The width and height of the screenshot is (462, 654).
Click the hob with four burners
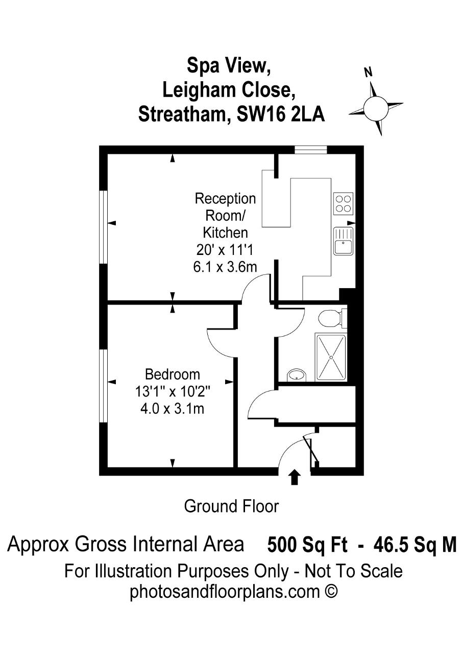[343, 203]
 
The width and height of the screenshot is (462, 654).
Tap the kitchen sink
[343, 241]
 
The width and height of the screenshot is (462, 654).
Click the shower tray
[331, 358]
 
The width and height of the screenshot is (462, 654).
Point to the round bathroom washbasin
[297, 375]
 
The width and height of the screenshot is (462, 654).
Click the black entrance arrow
[294, 477]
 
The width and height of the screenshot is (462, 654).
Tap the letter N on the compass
[369, 72]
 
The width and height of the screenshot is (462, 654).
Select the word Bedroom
[173, 375]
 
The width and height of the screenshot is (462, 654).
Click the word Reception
[225, 199]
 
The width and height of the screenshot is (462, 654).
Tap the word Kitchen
[225, 233]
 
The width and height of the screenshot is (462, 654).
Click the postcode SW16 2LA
[281, 114]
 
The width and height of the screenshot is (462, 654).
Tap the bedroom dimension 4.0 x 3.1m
[173, 409]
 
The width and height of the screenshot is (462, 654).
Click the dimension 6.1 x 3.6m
[225, 267]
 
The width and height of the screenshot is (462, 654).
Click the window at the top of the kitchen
[310, 150]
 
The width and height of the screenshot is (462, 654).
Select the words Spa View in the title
[229, 66]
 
